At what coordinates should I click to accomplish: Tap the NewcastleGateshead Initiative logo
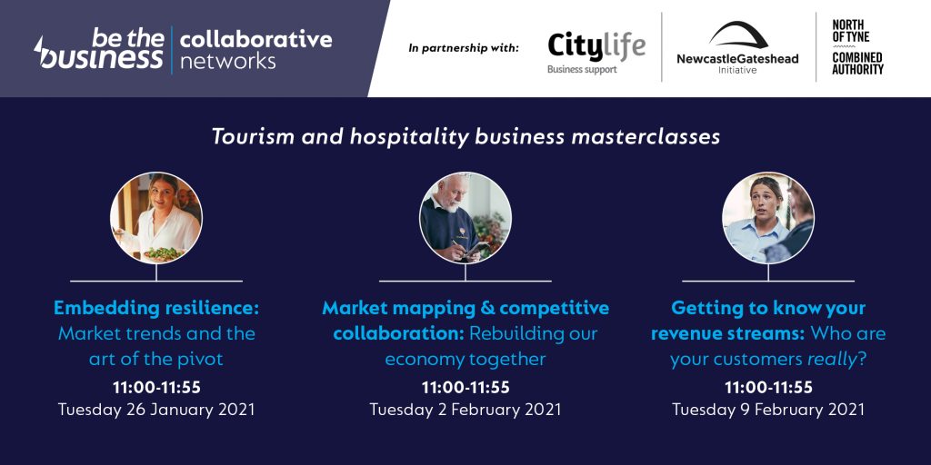(x=737, y=47)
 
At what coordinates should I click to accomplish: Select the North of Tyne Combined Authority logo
(x=857, y=47)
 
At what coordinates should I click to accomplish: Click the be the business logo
(x=99, y=49)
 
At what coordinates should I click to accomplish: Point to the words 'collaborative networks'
(x=255, y=50)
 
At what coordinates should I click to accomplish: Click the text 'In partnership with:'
(x=463, y=47)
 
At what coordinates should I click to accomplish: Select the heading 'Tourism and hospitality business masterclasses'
(x=465, y=136)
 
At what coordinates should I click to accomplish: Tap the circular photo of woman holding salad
(x=156, y=218)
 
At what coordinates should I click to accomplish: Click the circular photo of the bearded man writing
(x=465, y=218)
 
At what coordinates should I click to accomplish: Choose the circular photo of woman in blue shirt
(x=768, y=218)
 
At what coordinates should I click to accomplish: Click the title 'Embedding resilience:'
(x=156, y=308)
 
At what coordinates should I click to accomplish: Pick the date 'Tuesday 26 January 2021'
(x=156, y=410)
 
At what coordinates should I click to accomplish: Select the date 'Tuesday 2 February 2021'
(x=465, y=410)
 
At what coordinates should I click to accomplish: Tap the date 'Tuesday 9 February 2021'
(x=768, y=410)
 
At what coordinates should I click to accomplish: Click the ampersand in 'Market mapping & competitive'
(x=486, y=309)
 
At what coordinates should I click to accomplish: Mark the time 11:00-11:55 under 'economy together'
(x=465, y=387)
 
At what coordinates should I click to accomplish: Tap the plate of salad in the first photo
(x=164, y=254)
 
